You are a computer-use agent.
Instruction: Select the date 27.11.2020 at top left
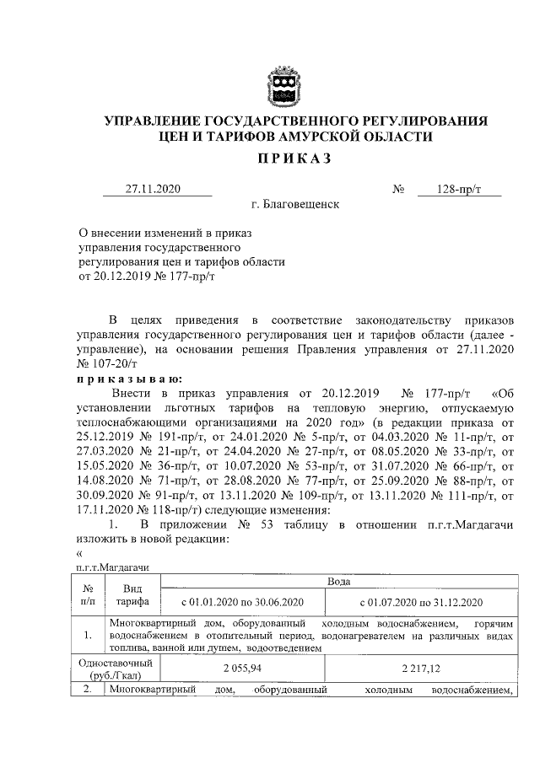[154, 189]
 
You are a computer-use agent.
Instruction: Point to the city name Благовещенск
[295, 205]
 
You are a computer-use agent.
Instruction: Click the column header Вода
[337, 583]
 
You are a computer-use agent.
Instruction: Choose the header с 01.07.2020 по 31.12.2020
[419, 602]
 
